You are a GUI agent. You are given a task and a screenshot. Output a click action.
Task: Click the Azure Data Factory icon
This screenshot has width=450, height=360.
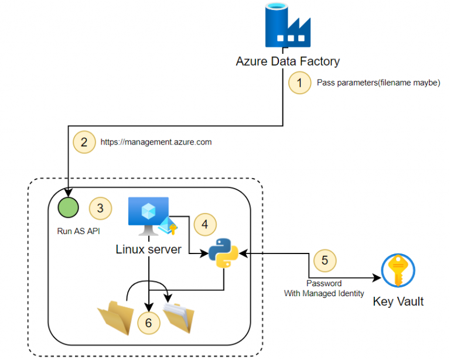point(287,26)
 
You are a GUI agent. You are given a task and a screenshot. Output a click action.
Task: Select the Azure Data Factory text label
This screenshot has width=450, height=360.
point(288,61)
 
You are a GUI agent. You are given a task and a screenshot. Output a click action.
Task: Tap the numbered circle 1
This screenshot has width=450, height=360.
point(300,83)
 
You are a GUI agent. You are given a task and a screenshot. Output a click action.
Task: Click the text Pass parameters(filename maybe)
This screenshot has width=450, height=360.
point(378,83)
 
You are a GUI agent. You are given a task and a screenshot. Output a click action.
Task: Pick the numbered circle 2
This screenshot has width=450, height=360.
point(84,142)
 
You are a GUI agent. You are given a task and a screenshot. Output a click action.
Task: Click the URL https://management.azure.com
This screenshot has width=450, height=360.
point(156,142)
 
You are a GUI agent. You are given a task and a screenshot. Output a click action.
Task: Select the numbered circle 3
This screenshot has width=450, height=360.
point(100,208)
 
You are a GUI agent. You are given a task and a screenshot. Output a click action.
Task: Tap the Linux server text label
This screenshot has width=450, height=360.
point(149,249)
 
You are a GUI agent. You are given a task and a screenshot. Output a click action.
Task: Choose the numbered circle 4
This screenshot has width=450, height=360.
point(204,224)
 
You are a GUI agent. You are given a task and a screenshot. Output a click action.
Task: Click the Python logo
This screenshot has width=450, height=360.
point(224,253)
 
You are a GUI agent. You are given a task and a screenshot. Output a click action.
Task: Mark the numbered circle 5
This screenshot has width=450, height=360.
point(326,259)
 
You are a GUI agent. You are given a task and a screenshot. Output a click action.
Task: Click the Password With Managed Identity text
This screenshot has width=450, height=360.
point(324,288)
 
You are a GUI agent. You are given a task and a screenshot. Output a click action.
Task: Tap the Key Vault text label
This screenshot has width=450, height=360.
point(398,302)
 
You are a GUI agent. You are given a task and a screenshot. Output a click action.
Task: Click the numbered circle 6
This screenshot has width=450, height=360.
point(149,323)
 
